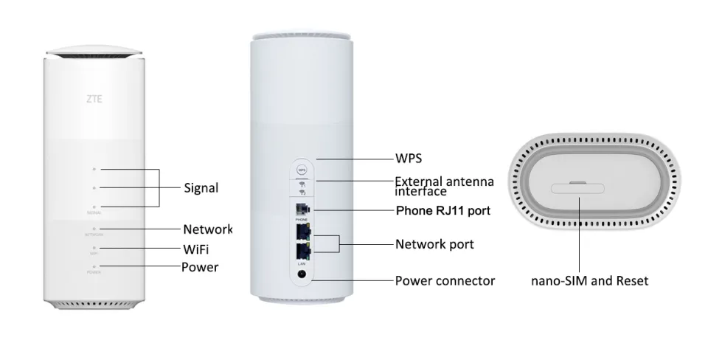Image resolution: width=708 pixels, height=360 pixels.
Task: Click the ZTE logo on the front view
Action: (94, 96)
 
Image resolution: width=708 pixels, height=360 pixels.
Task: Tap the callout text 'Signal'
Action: (201, 187)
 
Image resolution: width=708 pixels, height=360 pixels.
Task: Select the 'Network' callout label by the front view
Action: (207, 229)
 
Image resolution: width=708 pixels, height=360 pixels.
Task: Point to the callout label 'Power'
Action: (200, 266)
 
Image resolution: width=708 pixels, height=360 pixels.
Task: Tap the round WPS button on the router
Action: (301, 169)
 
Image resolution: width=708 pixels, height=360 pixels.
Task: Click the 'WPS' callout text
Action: (409, 159)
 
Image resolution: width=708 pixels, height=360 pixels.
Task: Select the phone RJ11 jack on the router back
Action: (301, 209)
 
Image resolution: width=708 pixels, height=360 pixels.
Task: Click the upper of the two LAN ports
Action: (301, 232)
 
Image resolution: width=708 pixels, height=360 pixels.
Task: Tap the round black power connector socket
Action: (301, 274)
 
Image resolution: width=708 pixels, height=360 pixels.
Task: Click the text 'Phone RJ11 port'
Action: (443, 211)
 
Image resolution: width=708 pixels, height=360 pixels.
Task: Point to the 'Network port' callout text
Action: (434, 243)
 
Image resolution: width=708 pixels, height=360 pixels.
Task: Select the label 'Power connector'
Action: (445, 280)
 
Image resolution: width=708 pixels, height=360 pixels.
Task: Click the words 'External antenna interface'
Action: (444, 186)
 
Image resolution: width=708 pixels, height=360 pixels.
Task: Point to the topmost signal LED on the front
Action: (94, 169)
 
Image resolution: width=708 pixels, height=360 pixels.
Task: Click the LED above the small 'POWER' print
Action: (94, 266)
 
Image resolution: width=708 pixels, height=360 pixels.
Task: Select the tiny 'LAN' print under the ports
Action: (301, 263)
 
